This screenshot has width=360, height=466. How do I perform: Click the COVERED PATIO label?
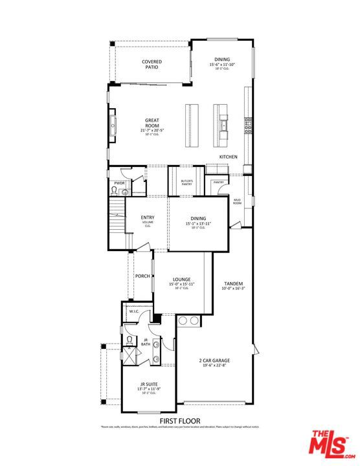pos(152,64)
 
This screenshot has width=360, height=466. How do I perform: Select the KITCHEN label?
pos(228,157)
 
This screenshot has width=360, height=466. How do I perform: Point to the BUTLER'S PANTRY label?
pos(187,183)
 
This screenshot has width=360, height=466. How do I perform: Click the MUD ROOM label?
pos(237,202)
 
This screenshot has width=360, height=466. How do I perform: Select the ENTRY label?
pos(148,218)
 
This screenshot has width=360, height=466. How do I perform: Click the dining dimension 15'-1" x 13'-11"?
pos(199,223)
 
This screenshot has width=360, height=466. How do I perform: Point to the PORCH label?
pos(142,276)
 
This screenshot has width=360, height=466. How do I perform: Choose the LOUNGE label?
pos(181,280)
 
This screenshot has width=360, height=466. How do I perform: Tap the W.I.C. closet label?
pos(134,311)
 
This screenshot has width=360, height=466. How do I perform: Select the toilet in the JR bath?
pos(130,339)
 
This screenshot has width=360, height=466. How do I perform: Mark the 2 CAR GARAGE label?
pos(214,361)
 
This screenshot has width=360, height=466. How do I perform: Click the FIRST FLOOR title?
pos(179,421)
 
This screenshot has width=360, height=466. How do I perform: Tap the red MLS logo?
pos(329,445)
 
